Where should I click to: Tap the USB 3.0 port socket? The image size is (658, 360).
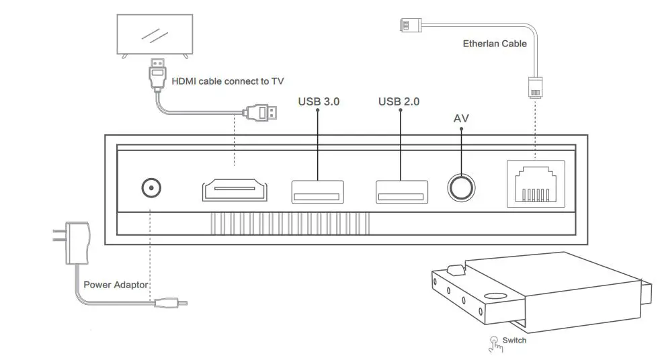(x=317, y=191)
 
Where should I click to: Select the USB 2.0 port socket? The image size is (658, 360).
(x=401, y=191)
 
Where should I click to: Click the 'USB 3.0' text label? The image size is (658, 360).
(x=319, y=102)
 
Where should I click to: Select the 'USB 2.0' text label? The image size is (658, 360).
(x=399, y=102)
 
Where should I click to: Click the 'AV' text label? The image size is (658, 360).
(x=461, y=119)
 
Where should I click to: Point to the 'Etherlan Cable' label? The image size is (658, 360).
(x=495, y=44)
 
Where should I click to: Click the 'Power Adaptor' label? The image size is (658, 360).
(x=116, y=285)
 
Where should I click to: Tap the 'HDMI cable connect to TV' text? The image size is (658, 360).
(x=228, y=82)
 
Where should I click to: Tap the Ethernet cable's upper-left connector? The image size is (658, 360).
(x=409, y=26)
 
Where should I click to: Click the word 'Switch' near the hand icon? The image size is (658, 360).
(x=514, y=341)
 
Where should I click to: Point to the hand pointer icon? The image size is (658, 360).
(x=495, y=343)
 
